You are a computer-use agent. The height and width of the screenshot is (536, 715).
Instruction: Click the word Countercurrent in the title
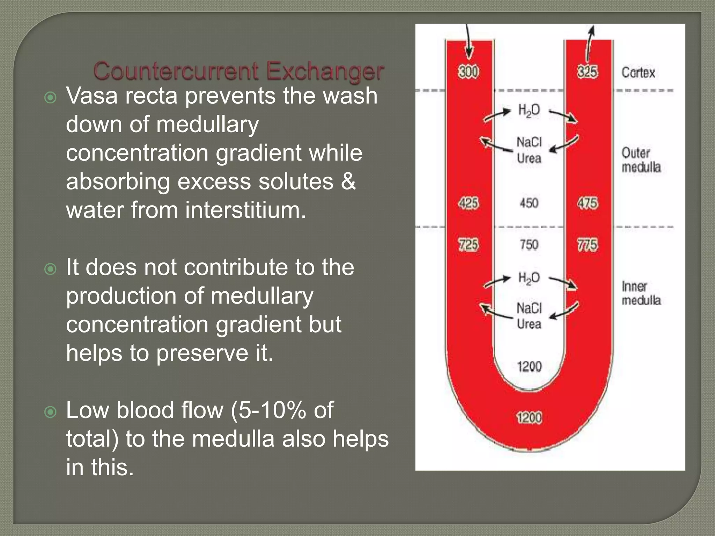click(176, 71)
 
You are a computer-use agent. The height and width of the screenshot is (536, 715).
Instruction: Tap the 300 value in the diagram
click(469, 72)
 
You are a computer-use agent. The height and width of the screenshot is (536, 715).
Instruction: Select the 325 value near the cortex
click(587, 72)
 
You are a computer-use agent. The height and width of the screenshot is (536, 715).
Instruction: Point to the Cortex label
click(638, 73)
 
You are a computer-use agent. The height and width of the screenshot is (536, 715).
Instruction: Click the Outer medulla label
click(641, 160)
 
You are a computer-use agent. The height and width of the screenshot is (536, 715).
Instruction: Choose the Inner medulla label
click(641, 293)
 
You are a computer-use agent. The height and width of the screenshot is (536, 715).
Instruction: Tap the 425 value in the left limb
click(469, 203)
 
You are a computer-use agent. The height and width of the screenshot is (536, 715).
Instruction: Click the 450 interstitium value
click(529, 203)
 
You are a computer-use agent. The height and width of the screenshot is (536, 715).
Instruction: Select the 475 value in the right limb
click(588, 203)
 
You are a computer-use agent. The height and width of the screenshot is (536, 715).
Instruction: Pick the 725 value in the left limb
click(469, 245)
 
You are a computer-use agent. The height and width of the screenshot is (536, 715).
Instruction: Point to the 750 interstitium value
click(529, 245)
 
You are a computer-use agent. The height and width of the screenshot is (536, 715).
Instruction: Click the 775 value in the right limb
click(588, 245)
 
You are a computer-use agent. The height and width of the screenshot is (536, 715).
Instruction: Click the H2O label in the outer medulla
click(529, 111)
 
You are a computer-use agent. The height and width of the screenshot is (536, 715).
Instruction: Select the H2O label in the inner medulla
click(529, 278)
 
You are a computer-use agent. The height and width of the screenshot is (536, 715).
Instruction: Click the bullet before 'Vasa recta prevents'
click(51, 98)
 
